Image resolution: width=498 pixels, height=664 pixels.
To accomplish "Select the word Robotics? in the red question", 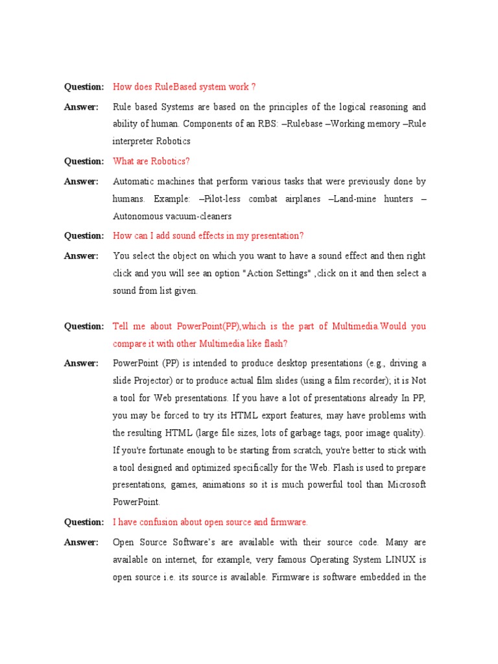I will [169, 161].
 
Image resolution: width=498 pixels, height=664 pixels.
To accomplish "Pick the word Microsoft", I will [401, 485].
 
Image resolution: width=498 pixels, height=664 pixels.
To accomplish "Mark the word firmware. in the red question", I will [289, 522].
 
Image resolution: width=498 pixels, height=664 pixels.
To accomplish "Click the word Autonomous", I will [137, 217].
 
